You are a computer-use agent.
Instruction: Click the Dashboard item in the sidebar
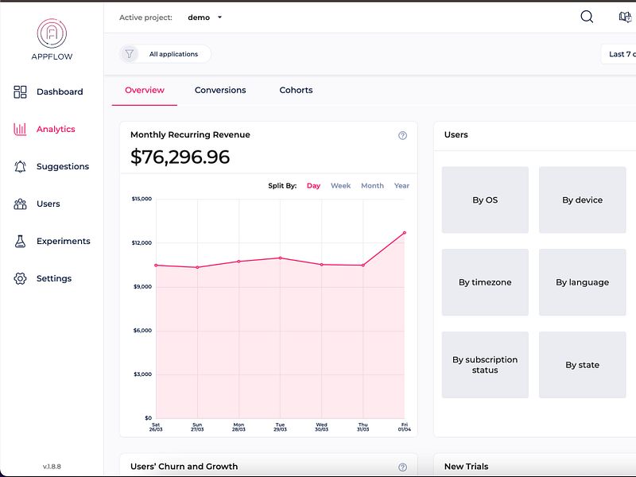(59, 92)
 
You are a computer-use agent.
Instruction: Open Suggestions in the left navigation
(62, 167)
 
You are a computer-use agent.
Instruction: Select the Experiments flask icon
(21, 242)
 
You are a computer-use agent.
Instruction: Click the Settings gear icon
(21, 279)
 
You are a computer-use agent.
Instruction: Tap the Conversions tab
(220, 91)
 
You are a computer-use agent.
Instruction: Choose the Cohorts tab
(296, 91)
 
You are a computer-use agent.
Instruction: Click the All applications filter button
(165, 54)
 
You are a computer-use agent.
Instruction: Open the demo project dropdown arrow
(220, 17)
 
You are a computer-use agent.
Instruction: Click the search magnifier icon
(587, 17)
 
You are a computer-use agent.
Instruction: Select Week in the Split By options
(340, 186)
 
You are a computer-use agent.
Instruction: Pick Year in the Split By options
(401, 186)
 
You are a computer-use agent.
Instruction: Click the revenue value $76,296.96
(180, 157)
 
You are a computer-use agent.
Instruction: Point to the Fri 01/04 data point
(405, 233)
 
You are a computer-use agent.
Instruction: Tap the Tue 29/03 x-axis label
(280, 427)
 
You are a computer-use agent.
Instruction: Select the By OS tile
(485, 200)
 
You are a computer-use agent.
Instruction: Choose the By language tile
(582, 282)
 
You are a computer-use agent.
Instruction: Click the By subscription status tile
(485, 365)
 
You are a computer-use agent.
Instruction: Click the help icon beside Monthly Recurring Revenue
(402, 135)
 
